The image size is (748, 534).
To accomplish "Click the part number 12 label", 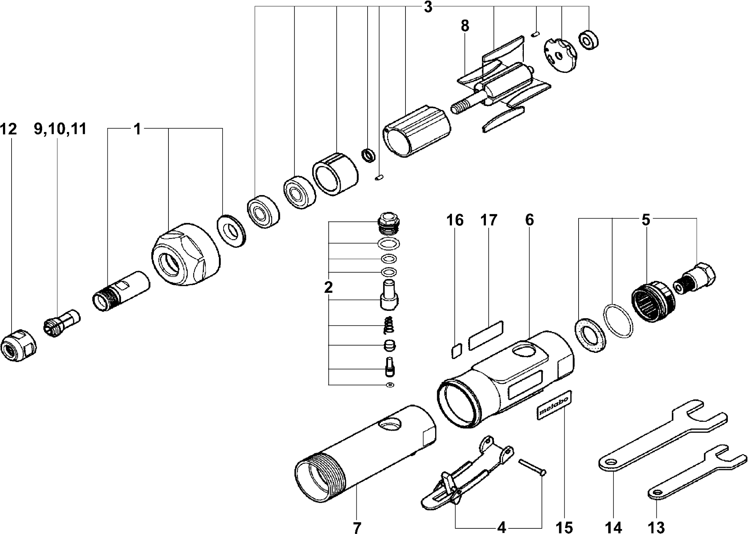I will click(x=8, y=129).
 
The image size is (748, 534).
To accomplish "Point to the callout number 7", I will click(x=357, y=527).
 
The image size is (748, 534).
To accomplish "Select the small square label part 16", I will click(x=457, y=350).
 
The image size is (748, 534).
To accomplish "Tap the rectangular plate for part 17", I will click(x=486, y=335).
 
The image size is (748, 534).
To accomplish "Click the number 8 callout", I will click(x=465, y=26).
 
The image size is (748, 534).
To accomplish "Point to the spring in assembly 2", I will click(x=389, y=325).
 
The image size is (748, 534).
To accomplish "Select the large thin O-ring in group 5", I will click(x=618, y=321).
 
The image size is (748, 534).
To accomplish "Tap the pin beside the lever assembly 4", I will click(x=532, y=468).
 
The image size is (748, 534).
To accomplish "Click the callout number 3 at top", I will click(x=428, y=7).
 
